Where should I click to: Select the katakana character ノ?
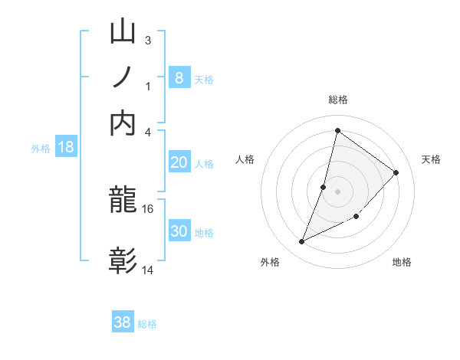(x=123, y=77)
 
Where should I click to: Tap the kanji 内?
(x=123, y=123)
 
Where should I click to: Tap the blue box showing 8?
(x=179, y=77)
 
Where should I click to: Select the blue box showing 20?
(x=179, y=162)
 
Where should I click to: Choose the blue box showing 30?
(x=179, y=231)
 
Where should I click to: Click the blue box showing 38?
(x=123, y=322)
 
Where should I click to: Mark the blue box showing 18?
(x=66, y=147)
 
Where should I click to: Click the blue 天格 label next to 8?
(x=204, y=79)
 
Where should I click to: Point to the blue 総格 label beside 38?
(x=147, y=324)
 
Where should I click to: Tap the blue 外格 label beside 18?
(x=41, y=149)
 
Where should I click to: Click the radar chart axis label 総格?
(x=337, y=100)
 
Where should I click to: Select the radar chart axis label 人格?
(x=245, y=159)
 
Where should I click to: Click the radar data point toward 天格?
(x=396, y=172)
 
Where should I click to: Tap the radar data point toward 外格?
(x=301, y=242)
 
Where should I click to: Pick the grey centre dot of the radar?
(x=337, y=191)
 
